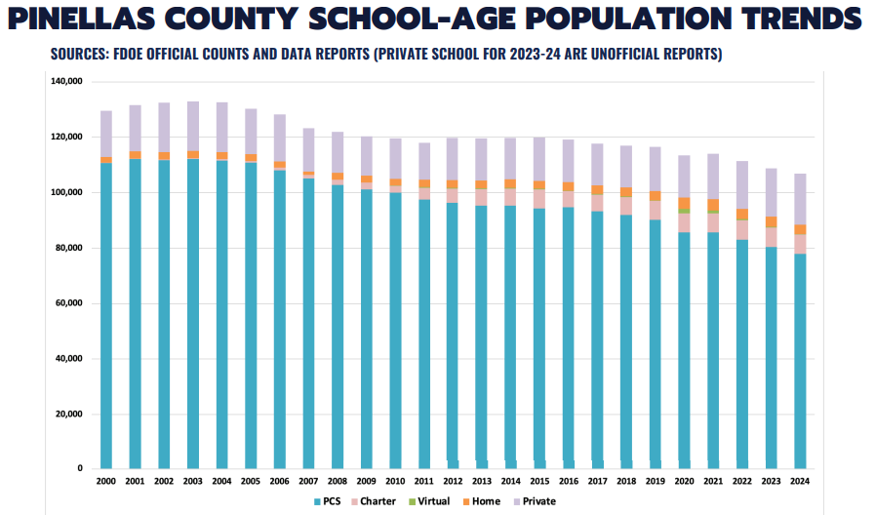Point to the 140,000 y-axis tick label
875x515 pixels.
tap(64, 82)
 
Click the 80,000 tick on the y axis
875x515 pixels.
tap(67, 248)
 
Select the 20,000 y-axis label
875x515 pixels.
tap(67, 415)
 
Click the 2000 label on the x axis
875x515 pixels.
tap(105, 482)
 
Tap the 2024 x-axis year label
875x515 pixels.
tap(800, 482)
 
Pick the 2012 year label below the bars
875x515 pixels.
tap(453, 482)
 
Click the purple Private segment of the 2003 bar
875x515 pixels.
tap(192, 126)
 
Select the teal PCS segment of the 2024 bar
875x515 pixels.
tap(800, 361)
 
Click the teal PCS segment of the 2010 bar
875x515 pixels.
tap(395, 332)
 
